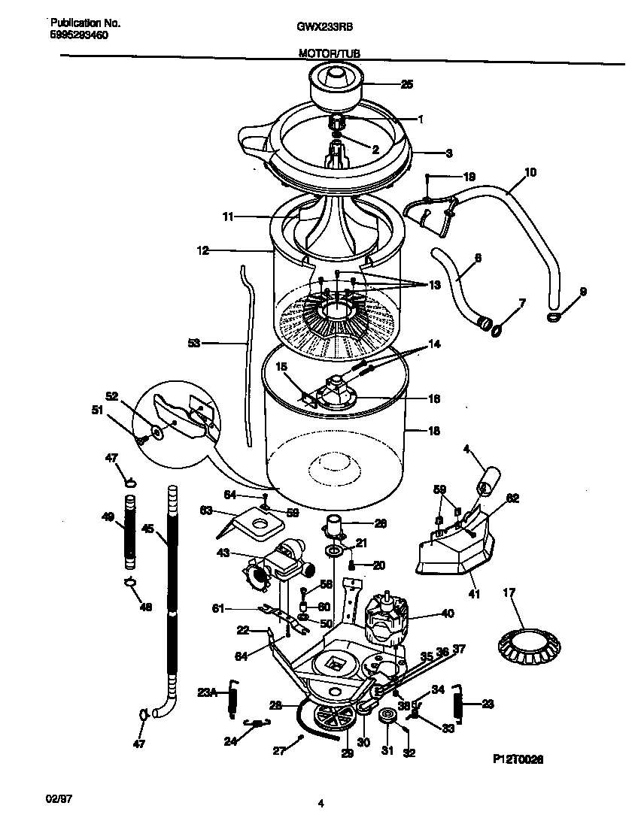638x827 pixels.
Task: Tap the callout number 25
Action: coord(406,84)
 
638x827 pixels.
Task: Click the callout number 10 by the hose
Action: coord(530,172)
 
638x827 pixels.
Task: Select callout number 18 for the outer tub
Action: coord(433,432)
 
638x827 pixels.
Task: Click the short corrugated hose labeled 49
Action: coord(130,530)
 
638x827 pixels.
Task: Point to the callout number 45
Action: coord(147,529)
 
